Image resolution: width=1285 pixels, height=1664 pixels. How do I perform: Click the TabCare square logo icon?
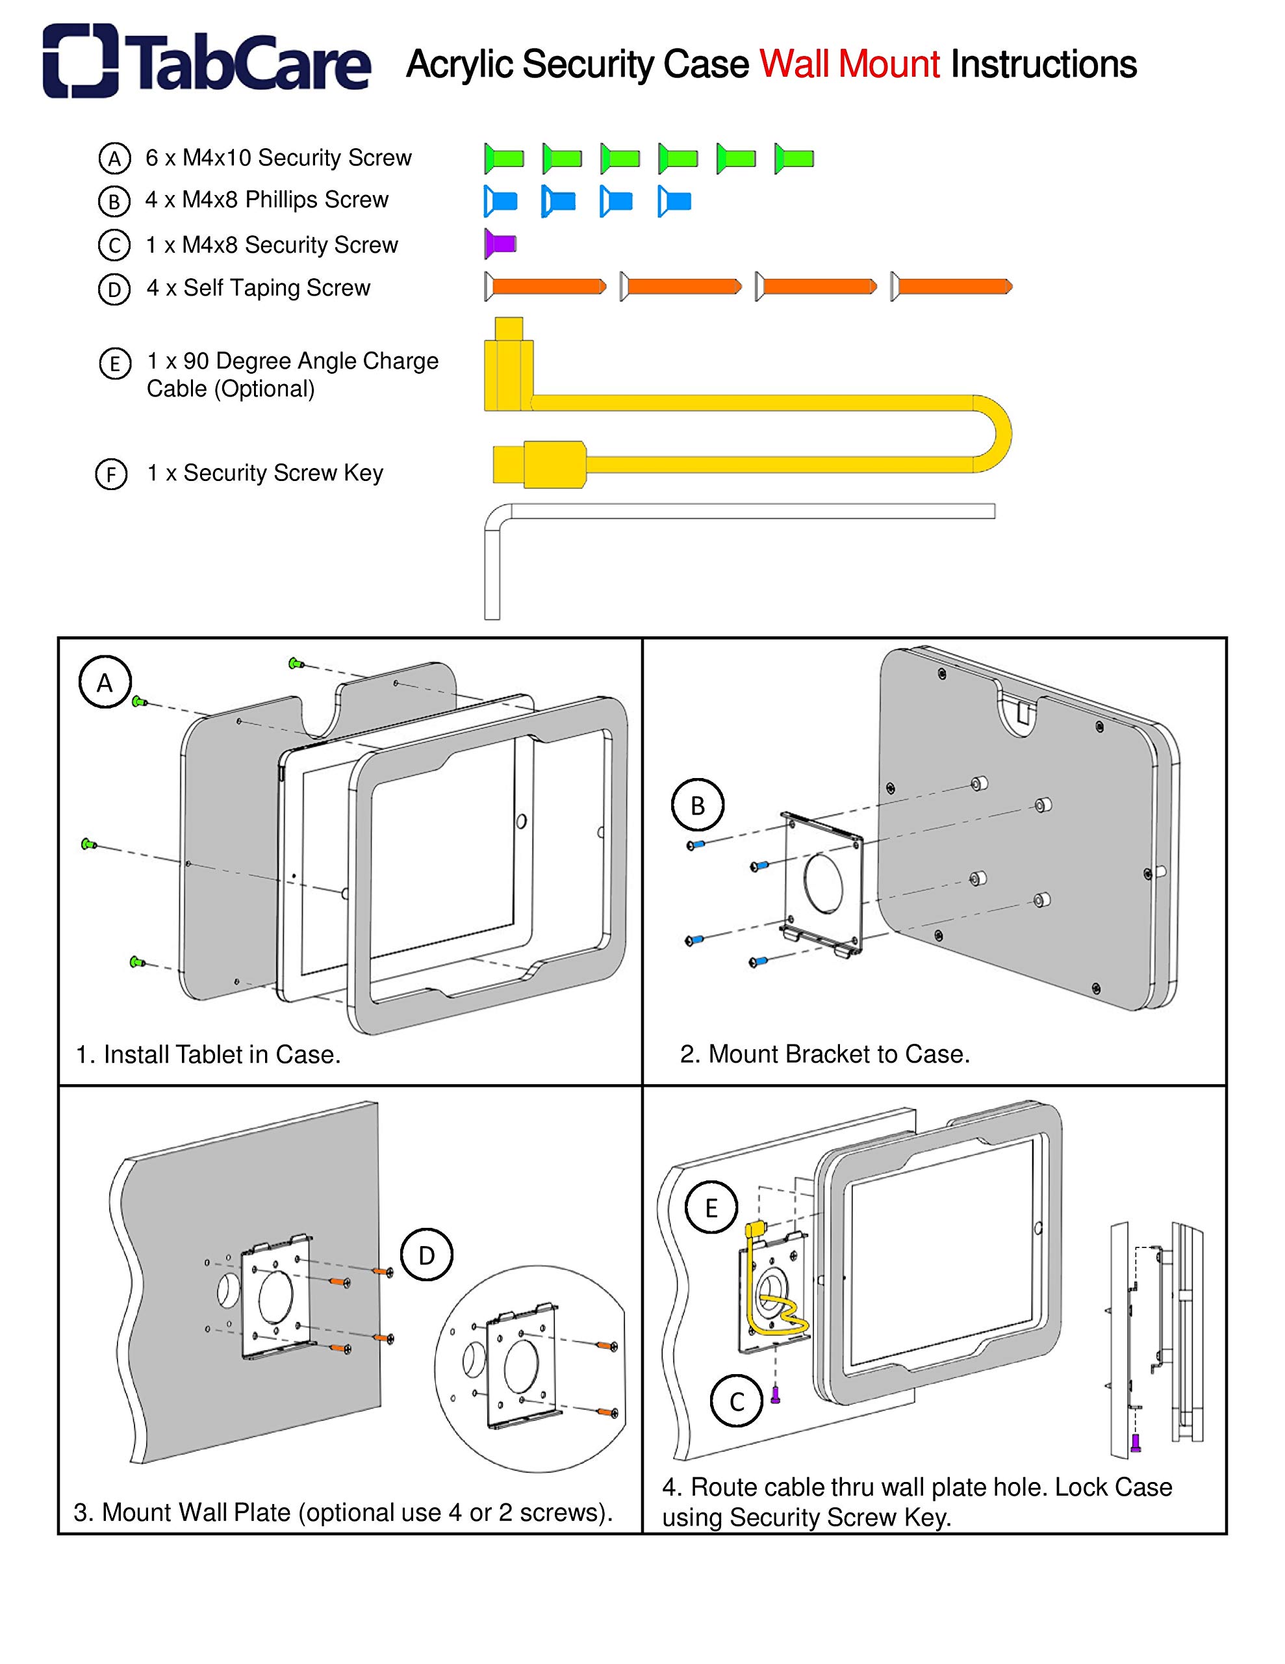[80, 61]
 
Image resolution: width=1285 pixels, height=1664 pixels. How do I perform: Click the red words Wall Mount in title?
[849, 65]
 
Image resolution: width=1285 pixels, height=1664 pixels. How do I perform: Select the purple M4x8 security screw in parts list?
[500, 244]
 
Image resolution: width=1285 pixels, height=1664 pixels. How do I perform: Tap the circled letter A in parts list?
[114, 159]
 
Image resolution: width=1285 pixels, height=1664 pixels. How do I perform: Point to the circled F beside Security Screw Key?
[111, 474]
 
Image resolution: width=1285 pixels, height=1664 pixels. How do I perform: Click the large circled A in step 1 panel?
[105, 682]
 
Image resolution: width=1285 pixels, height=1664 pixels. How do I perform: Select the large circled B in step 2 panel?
[697, 805]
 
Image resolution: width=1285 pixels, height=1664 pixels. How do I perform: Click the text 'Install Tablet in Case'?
[221, 1054]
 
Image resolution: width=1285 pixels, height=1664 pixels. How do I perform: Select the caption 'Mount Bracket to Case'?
[838, 1054]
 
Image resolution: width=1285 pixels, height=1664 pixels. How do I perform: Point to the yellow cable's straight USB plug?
[538, 463]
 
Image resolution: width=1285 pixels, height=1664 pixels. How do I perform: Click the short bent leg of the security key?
[492, 571]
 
